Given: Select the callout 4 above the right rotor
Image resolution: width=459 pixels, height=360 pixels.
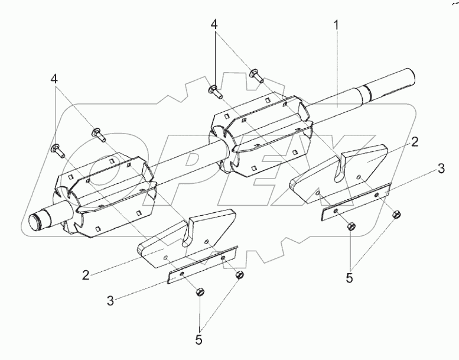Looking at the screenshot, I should coord(215,25).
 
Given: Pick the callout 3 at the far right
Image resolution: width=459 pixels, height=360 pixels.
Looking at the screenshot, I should coord(441,169).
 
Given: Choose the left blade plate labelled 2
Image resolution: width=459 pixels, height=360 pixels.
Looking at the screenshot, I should coord(183,239).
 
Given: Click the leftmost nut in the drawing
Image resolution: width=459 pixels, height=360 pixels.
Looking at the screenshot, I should coord(199,290).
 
